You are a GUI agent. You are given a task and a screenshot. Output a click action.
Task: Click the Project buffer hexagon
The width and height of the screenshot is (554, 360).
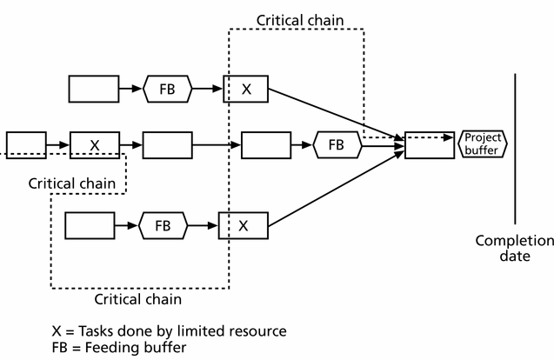tap(482, 143)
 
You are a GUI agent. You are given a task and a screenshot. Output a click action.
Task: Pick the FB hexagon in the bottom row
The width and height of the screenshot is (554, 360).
tap(162, 225)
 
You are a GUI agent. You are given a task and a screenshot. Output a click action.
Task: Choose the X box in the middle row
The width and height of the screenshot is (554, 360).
tap(94, 143)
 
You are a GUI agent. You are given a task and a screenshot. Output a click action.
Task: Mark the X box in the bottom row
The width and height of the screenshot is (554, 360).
tap(244, 225)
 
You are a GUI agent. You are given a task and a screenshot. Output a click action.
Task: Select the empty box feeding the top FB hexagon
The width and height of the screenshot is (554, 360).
tap(93, 89)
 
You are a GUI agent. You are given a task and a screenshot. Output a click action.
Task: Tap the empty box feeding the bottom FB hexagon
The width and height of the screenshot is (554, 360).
tap(90, 225)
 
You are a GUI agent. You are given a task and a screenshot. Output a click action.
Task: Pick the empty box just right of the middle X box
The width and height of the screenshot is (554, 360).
tap(167, 143)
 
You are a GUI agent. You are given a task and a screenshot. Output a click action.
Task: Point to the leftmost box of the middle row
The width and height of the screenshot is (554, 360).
tap(25, 143)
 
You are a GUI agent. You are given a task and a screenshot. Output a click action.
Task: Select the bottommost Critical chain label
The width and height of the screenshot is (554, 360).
tap(139, 299)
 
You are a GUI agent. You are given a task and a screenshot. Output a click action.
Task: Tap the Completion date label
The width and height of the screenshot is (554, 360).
tap(513, 249)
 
